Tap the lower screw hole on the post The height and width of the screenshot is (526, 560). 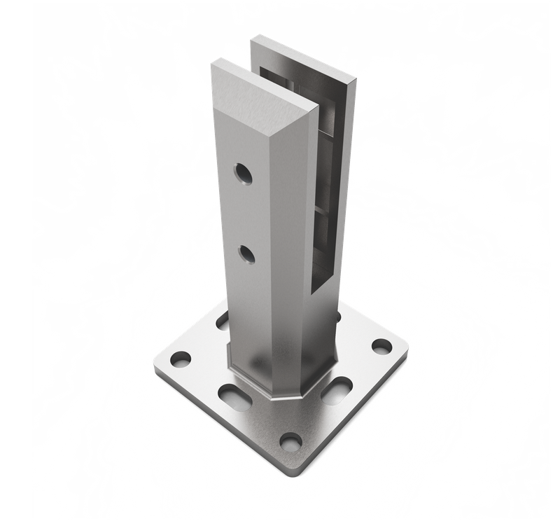tap(244, 254)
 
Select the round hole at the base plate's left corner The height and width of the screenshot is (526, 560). tap(180, 359)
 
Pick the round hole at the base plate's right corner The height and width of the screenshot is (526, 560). tap(381, 345)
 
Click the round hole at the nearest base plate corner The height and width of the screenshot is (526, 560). tap(290, 441)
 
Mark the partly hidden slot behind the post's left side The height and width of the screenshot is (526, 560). tap(223, 322)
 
